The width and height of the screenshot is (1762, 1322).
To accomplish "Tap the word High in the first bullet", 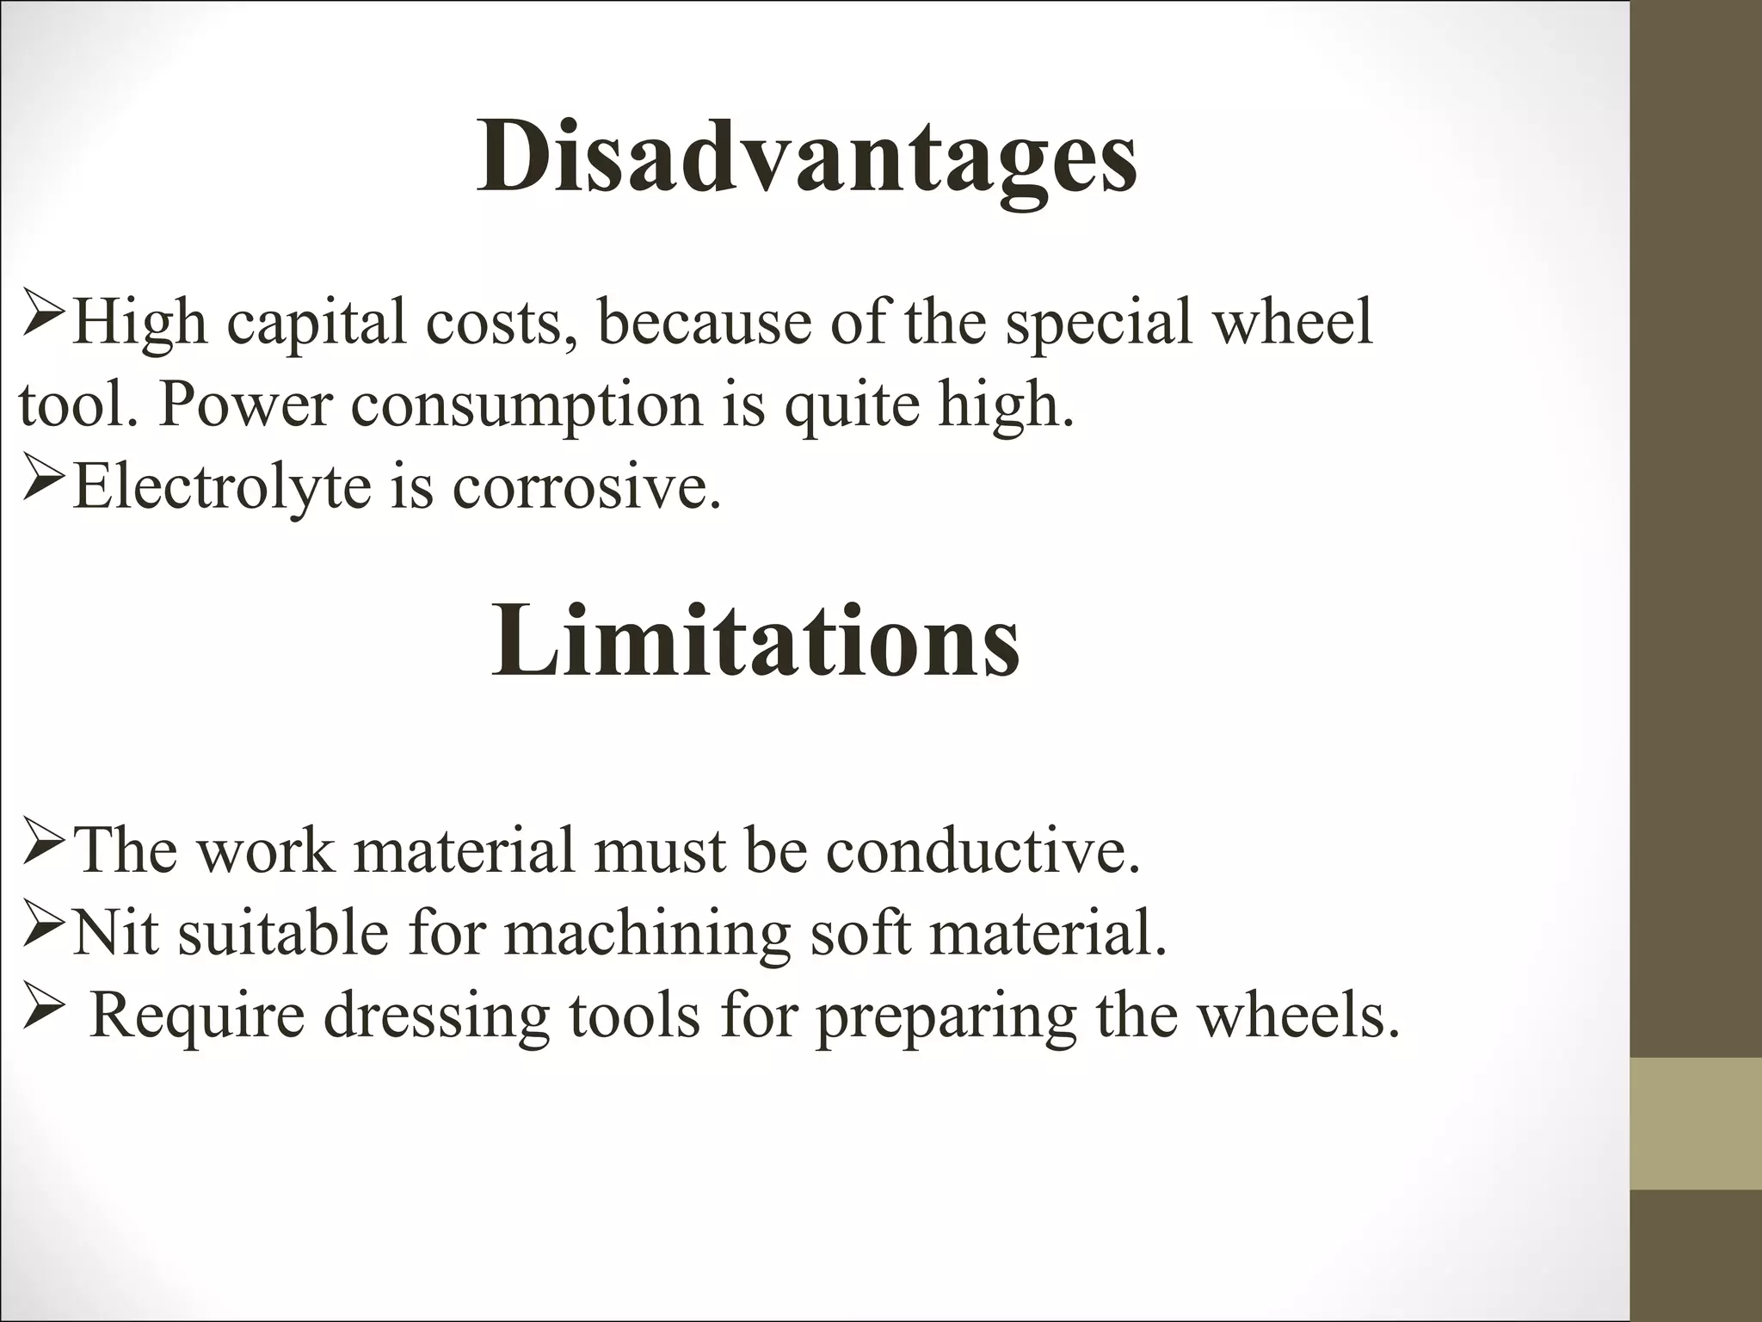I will click(139, 322).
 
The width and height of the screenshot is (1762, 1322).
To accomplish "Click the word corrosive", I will click(586, 487).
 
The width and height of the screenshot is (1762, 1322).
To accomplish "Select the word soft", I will click(860, 934).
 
